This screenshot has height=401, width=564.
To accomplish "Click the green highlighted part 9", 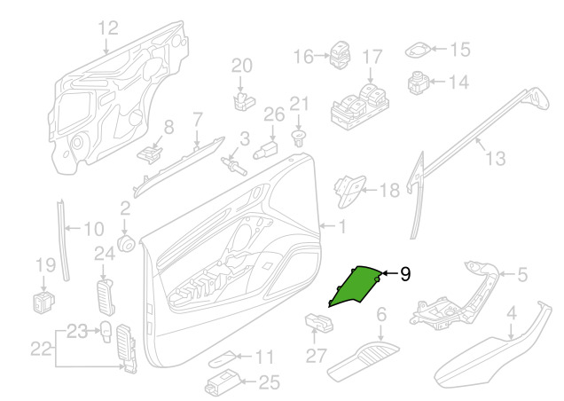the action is click(x=354, y=287).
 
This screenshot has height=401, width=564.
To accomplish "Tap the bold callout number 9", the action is click(x=405, y=274).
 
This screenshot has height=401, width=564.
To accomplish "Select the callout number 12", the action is click(x=108, y=28).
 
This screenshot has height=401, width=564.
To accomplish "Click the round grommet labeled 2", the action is click(x=126, y=243).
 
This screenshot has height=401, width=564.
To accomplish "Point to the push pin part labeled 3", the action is click(x=234, y=165).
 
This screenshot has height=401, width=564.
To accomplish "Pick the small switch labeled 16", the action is click(x=340, y=55).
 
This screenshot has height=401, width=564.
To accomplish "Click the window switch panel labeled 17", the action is click(x=360, y=106).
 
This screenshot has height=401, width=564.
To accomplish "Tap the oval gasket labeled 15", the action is click(x=418, y=50).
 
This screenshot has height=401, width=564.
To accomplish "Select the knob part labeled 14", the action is click(x=418, y=83).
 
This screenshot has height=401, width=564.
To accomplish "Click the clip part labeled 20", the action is click(x=244, y=101).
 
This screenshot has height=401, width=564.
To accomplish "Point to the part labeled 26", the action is click(x=266, y=150).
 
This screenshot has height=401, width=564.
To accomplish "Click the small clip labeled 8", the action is click(x=150, y=153).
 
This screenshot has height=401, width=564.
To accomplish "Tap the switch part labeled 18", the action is click(x=349, y=191).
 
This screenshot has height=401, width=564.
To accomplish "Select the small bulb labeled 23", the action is click(x=106, y=332).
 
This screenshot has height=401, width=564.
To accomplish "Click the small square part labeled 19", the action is click(x=43, y=303).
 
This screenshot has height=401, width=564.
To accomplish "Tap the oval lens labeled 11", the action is click(x=223, y=358).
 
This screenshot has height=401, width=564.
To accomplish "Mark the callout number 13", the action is click(x=496, y=158).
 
